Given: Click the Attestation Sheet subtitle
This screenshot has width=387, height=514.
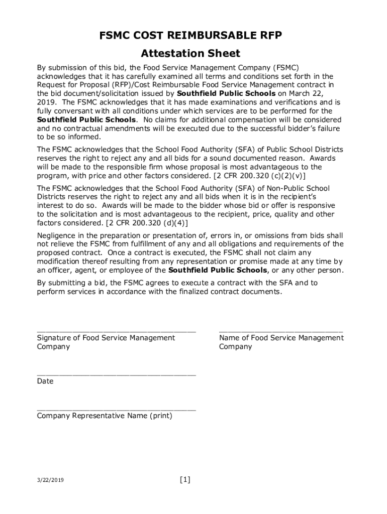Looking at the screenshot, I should pyautogui.click(x=190, y=53).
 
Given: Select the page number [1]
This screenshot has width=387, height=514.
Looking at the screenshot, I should pyautogui.click(x=185, y=480).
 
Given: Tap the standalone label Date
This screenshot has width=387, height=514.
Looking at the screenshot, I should pyautogui.click(x=45, y=381).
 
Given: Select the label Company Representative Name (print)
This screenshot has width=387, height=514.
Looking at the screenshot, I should pyautogui.click(x=105, y=416).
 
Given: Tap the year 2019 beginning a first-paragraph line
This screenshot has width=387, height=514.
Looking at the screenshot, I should pyautogui.click(x=46, y=102).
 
